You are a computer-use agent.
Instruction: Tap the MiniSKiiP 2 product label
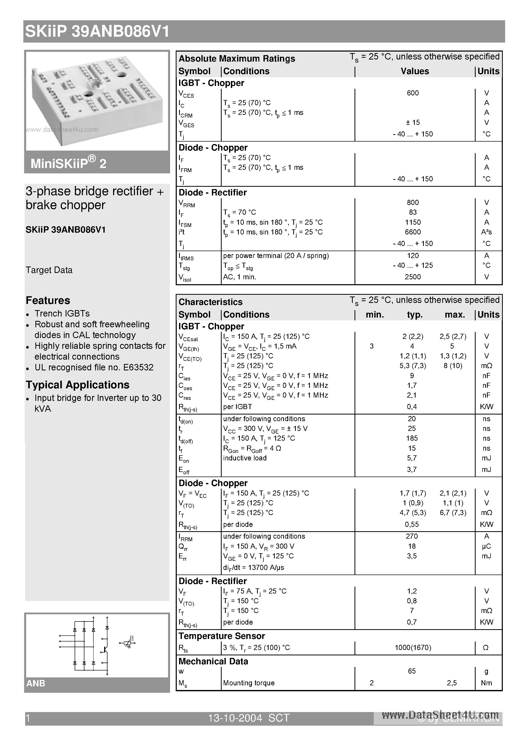(x=68, y=163)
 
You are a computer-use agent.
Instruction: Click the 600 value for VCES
(x=413, y=93)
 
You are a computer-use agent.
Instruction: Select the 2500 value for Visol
(x=413, y=277)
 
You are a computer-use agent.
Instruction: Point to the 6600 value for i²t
(x=413, y=232)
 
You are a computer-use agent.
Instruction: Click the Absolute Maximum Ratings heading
(x=237, y=59)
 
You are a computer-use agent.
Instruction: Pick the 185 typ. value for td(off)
(x=412, y=438)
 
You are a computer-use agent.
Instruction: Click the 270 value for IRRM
(x=412, y=536)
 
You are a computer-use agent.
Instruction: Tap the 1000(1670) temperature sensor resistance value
(x=413, y=647)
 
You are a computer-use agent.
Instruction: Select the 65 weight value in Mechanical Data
(x=412, y=671)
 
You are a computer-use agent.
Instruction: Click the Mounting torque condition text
(x=249, y=683)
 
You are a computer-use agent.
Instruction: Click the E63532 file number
(x=138, y=368)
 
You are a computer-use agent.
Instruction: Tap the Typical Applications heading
(x=77, y=385)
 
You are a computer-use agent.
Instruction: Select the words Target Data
(x=49, y=270)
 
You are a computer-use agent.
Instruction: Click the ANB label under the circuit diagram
(x=36, y=683)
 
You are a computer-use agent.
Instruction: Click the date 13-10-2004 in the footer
(x=235, y=718)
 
